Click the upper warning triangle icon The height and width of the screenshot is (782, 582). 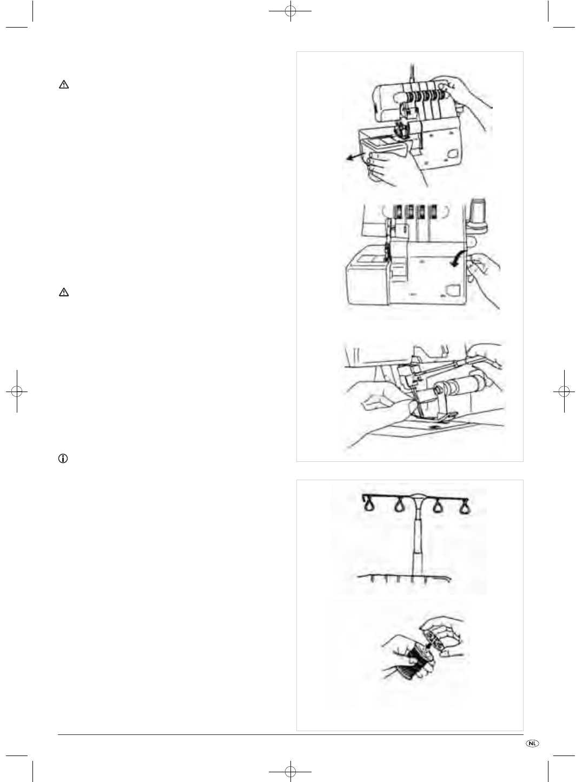(x=64, y=84)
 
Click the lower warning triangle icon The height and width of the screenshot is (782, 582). (x=64, y=292)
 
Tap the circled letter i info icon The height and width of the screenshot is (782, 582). (x=63, y=459)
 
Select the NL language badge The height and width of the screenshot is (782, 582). (x=532, y=743)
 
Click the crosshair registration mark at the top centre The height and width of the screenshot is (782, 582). (x=290, y=11)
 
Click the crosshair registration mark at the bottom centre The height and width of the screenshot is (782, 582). (x=290, y=771)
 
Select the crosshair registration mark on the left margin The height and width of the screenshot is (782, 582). (x=17, y=391)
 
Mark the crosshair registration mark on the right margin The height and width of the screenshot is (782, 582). (x=564, y=391)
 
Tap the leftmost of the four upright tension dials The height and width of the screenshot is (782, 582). (x=398, y=211)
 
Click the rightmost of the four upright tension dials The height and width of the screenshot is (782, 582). (x=432, y=211)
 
